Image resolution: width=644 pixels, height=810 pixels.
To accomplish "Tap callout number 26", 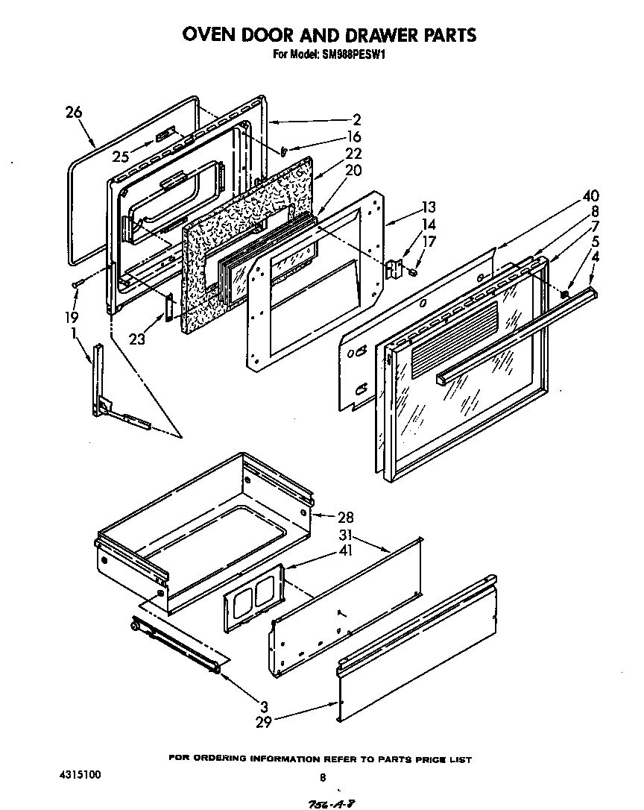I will coord(73,113).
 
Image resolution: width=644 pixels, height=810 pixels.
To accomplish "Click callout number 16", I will coord(353,136).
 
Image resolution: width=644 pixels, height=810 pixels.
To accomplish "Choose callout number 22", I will coord(353,154).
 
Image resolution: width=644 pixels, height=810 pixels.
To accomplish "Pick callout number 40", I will coord(590,197).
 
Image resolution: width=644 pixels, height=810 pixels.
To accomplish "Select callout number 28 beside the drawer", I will coord(344,517).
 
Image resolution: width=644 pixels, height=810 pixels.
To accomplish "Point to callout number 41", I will coord(344,553).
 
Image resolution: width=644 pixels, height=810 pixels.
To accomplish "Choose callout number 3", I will coord(264,706).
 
